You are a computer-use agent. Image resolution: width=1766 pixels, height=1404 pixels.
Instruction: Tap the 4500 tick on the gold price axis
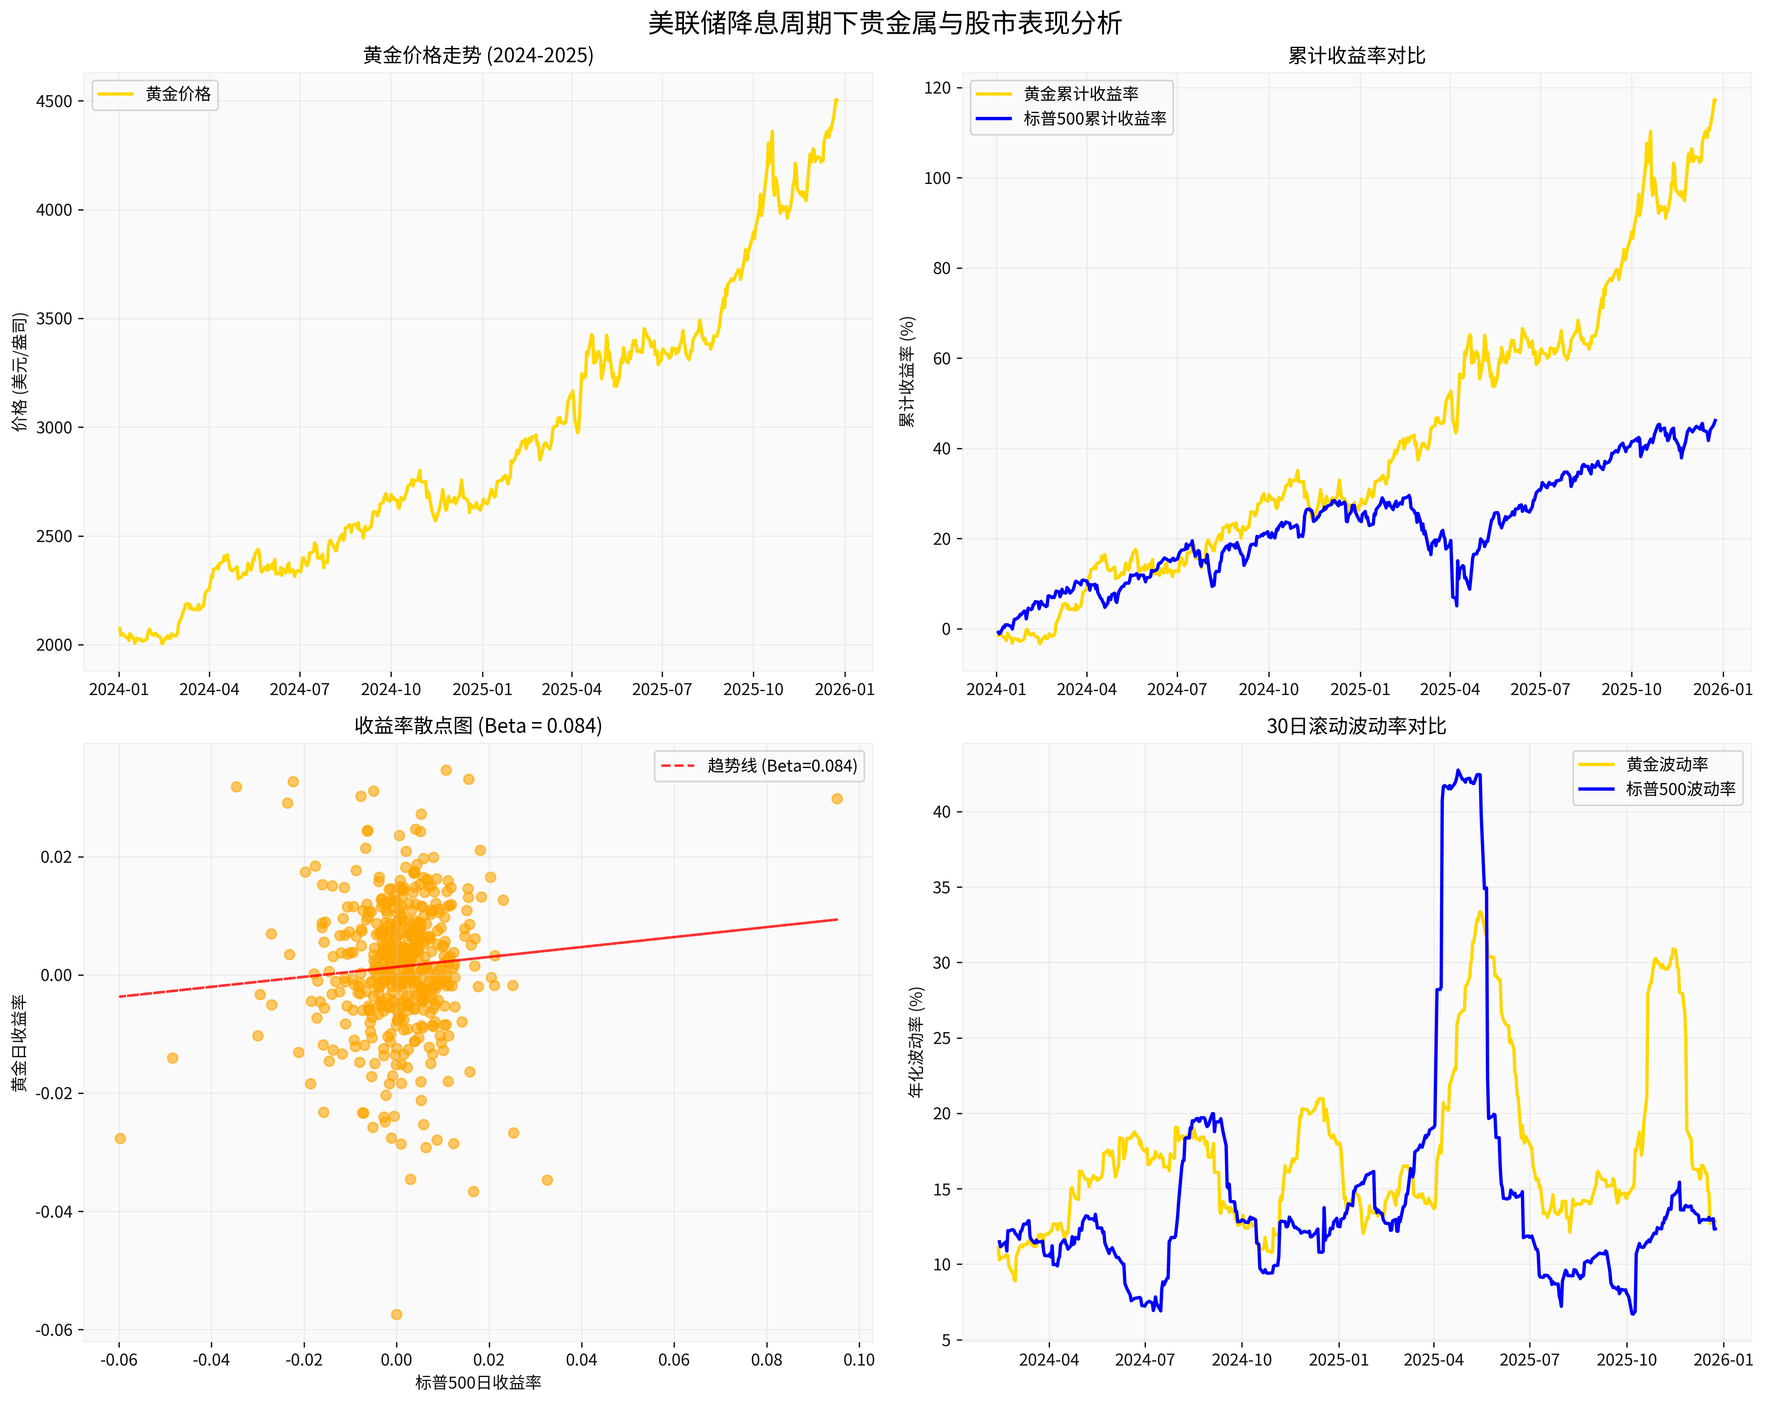[54, 102]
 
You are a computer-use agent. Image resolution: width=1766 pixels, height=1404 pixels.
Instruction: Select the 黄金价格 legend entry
[178, 94]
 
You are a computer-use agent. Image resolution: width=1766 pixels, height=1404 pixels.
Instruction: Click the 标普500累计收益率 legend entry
[1094, 119]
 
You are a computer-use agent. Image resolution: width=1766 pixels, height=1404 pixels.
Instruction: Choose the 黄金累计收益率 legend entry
[1080, 94]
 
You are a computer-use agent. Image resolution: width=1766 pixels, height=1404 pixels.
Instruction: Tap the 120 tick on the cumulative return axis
[937, 88]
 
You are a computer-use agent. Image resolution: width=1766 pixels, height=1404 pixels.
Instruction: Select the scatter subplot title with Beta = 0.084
[478, 726]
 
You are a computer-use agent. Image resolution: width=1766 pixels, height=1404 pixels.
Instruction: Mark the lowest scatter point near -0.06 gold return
[396, 1314]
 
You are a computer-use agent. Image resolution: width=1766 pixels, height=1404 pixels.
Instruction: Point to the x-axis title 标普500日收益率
[478, 1383]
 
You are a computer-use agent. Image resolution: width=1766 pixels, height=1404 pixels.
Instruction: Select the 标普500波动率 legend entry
[1680, 789]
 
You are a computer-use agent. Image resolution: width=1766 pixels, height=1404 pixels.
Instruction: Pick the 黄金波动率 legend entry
[1667, 764]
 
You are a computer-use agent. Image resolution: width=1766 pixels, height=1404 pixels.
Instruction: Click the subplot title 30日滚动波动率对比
[1356, 726]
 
